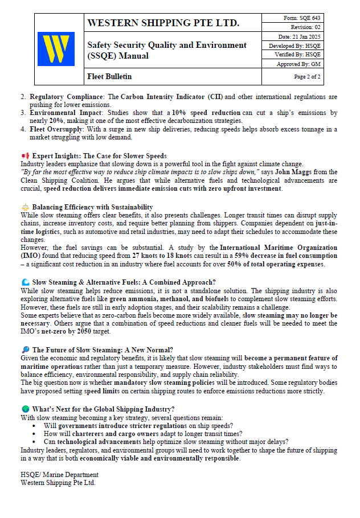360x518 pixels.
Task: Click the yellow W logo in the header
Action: pyautogui.click(x=56, y=49)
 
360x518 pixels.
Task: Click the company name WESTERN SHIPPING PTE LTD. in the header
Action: pyautogui.click(x=163, y=23)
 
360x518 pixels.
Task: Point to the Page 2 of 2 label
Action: pyautogui.click(x=307, y=76)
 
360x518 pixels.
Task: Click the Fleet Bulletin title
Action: pyautogui.click(x=109, y=76)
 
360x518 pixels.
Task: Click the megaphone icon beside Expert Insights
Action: pyautogui.click(x=25, y=155)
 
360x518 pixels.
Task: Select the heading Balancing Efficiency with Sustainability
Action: pyautogui.click(x=92, y=207)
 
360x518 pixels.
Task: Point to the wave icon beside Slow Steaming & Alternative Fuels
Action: pyautogui.click(x=25, y=282)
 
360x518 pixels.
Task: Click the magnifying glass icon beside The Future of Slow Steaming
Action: pyautogui.click(x=25, y=350)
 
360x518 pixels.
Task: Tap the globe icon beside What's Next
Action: pyautogui.click(x=25, y=409)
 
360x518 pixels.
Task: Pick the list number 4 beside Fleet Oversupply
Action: pyautogui.click(x=23, y=129)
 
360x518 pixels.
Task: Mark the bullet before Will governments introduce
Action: pyautogui.click(x=36, y=426)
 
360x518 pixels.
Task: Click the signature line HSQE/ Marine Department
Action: pyautogui.click(x=59, y=475)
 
